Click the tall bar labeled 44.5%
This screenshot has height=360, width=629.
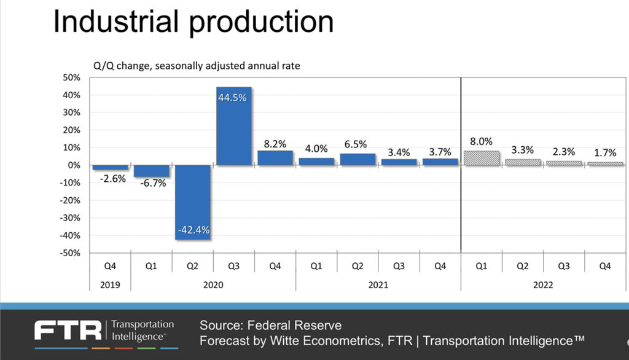click(234, 126)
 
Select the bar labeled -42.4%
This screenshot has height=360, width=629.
click(193, 202)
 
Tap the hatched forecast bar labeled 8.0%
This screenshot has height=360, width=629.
click(481, 158)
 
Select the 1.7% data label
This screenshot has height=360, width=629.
click(605, 154)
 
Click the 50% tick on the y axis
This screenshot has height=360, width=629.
click(72, 78)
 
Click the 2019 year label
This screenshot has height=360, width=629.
click(111, 285)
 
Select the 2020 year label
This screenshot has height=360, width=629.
click(213, 285)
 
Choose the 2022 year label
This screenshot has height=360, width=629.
click(543, 285)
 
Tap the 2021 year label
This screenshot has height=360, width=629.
click(378, 285)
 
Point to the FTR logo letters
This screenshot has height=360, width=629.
click(68, 331)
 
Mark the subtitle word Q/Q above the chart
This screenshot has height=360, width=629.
click(100, 66)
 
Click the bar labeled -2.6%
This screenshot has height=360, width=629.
click(111, 167)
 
